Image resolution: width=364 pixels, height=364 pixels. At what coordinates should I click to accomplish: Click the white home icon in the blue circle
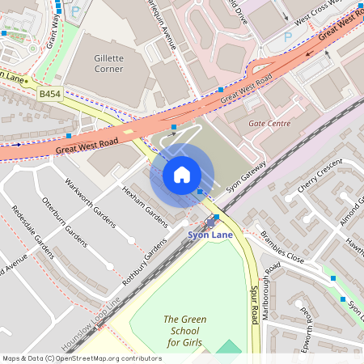pyautogui.click(x=182, y=174)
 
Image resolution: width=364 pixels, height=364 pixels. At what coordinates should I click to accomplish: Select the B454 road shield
pyautogui.click(x=49, y=95)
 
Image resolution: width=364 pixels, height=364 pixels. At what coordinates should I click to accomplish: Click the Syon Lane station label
pyautogui.click(x=210, y=235)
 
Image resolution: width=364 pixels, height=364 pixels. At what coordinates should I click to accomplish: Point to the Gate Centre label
pyautogui.click(x=269, y=124)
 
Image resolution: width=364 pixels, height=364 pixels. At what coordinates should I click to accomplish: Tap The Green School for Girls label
pyautogui.click(x=185, y=331)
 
